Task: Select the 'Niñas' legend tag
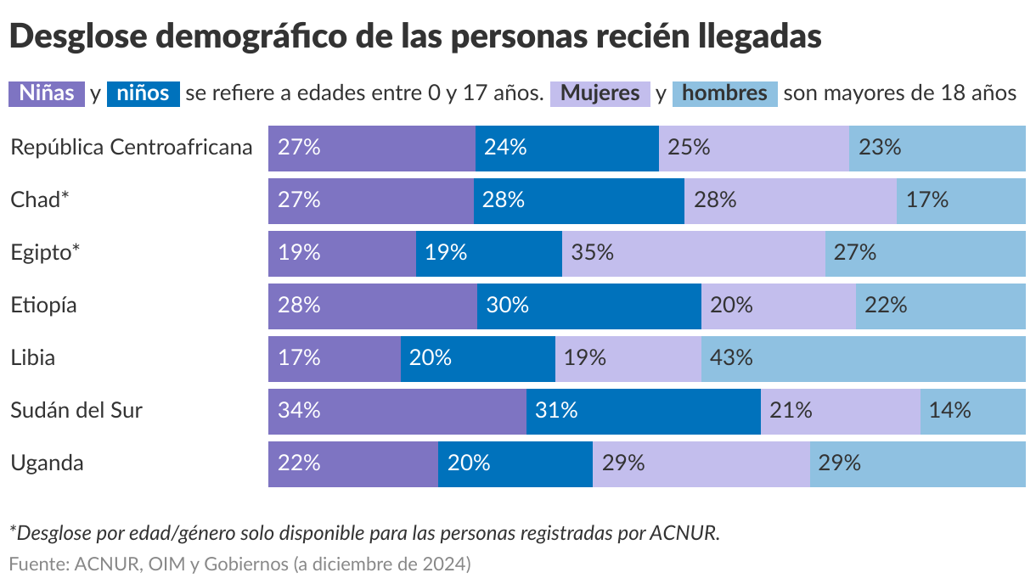coord(47,93)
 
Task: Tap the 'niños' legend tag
coord(144,93)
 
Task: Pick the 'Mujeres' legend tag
coord(600,93)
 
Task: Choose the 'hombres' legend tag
coord(724,93)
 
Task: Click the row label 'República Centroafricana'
coord(132,147)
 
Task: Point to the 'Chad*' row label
coord(39,199)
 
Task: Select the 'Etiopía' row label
coord(43,305)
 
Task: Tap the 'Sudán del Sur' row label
coord(76,410)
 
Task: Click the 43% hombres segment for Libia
coord(863,357)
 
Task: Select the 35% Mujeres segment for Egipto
coord(693,252)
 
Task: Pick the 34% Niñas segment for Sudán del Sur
coord(397,410)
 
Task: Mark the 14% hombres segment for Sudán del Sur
coord(972,410)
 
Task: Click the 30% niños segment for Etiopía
coord(588,305)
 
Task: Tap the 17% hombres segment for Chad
coord(960,199)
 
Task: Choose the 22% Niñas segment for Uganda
coord(352,463)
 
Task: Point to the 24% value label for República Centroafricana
coord(505,147)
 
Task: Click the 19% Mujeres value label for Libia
coord(585,357)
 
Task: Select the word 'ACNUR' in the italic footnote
coord(684,533)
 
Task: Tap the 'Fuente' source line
coord(239,564)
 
